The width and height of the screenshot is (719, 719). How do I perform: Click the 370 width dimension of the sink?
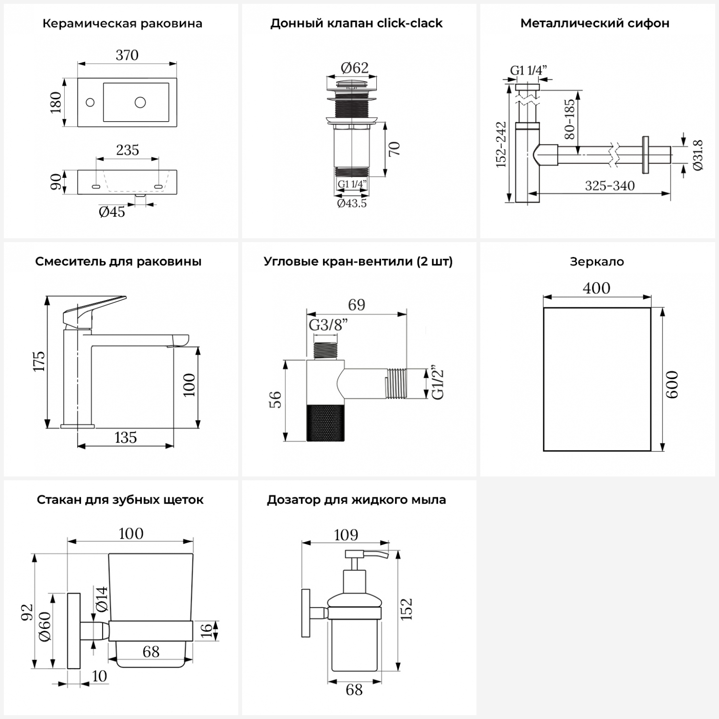(127, 56)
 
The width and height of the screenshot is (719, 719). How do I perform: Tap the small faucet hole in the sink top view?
(90, 102)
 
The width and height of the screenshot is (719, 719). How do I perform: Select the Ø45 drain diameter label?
(112, 212)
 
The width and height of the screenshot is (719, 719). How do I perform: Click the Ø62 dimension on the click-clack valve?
(355, 68)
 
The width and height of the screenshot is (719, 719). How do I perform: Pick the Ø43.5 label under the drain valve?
(352, 204)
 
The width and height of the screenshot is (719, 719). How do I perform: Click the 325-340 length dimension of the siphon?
(610, 186)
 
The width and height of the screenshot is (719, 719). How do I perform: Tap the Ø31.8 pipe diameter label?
(697, 155)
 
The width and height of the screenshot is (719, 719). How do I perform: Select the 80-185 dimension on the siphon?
(569, 119)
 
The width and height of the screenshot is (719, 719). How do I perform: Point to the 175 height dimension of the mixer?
(39, 361)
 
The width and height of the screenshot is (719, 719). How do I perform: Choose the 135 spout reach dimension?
(126, 438)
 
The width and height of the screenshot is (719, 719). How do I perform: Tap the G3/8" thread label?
(328, 325)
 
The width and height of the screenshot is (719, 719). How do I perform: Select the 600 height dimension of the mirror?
(672, 384)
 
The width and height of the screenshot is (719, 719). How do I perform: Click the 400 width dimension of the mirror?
(597, 288)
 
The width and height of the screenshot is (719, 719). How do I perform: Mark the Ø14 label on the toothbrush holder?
(102, 599)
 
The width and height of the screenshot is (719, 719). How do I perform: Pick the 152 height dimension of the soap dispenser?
(406, 609)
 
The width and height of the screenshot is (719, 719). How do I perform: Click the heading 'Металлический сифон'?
(595, 23)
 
